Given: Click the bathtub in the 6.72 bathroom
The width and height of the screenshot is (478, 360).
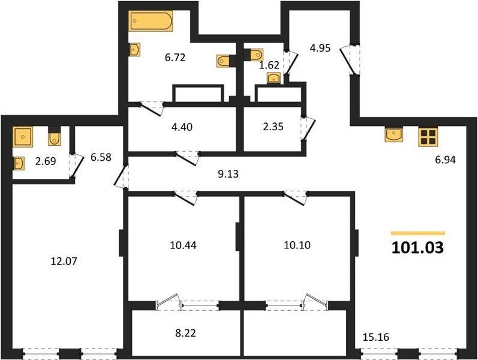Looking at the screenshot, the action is pos(151,21).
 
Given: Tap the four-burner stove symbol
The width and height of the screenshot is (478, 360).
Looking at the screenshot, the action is pos(428,136).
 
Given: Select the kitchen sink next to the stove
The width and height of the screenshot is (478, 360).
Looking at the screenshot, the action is pos(393,135).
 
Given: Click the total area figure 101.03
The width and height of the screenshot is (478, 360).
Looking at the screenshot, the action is pos(417,247).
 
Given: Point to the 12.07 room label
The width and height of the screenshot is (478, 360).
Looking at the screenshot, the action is pos(64,261).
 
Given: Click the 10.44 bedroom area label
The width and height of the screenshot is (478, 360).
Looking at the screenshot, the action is pos(183,245).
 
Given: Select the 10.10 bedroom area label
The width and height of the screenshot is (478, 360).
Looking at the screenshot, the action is pos(297,245).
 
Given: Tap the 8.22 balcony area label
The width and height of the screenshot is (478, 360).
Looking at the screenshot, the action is pos(185,333).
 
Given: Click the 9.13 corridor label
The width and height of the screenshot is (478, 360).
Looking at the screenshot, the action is pos(228,174).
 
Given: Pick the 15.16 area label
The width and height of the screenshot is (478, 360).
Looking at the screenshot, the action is pos(376,337).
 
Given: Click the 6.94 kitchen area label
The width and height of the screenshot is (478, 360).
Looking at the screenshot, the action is pos(446,160).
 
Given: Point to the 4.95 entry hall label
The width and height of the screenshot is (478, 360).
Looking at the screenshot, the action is pos(320,48).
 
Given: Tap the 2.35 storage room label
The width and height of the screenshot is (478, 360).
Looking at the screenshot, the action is pos(273,127).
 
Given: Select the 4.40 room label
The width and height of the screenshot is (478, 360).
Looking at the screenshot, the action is pos(182,127).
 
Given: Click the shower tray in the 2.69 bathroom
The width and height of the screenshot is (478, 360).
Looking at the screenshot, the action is pos(23,137).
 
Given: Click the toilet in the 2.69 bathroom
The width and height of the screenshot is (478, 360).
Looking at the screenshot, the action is pos(55,137).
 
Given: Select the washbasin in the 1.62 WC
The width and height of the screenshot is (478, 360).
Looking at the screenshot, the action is pos(273,78).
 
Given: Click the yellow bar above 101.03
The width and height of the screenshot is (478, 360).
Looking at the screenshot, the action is pos(418,233).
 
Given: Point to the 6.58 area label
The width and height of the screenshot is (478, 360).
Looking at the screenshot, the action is pos(101,157).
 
